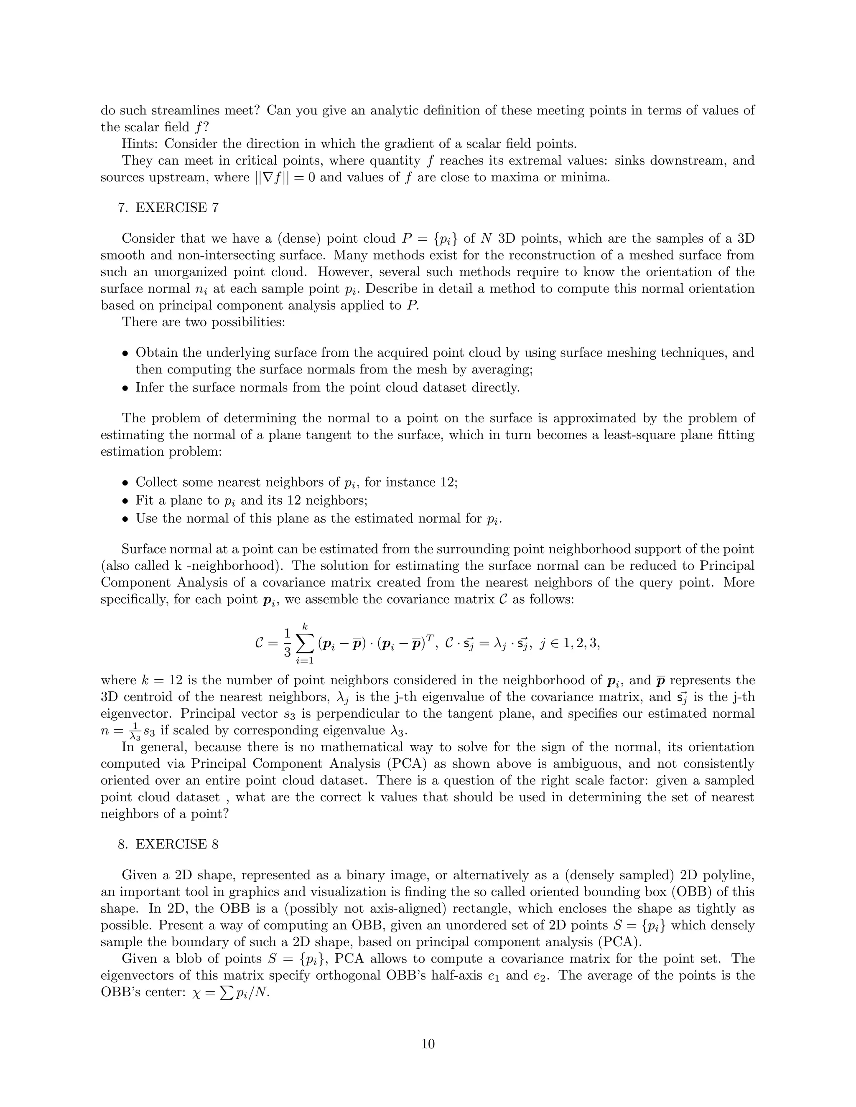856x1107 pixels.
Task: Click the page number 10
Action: tap(428, 1044)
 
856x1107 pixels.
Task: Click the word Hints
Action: tap(140, 144)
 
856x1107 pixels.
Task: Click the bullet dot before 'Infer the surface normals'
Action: tap(126, 388)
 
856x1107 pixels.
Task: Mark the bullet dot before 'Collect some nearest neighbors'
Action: tap(126, 482)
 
